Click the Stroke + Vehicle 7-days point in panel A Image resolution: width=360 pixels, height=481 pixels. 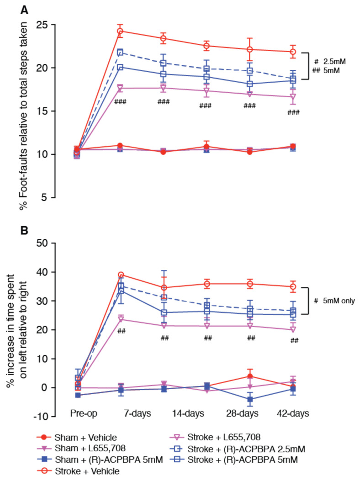pos(120,31)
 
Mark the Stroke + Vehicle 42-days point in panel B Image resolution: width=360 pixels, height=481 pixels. pos(293,287)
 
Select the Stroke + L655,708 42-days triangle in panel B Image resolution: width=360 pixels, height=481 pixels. pos(293,329)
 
